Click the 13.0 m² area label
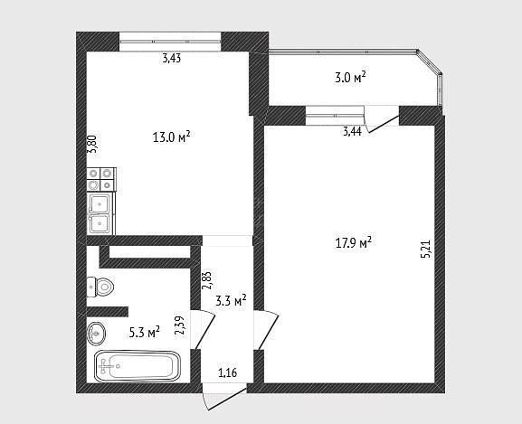tap(172, 137)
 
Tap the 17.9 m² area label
tap(353, 242)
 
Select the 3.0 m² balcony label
tap(350, 78)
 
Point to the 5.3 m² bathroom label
tap(145, 332)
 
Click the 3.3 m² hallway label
tap(231, 301)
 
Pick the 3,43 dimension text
tap(172, 59)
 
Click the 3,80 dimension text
tap(92, 144)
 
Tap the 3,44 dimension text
tap(352, 132)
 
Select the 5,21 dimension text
tap(426, 250)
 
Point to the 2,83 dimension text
tap(207, 280)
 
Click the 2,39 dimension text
tap(180, 325)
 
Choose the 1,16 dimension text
tap(228, 372)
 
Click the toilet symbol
tap(100, 287)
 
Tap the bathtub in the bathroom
tap(138, 366)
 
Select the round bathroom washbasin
tap(96, 333)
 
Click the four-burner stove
tap(101, 180)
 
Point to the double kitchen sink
tap(100, 213)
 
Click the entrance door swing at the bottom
tap(223, 397)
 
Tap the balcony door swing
tap(382, 119)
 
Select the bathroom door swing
tap(203, 329)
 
